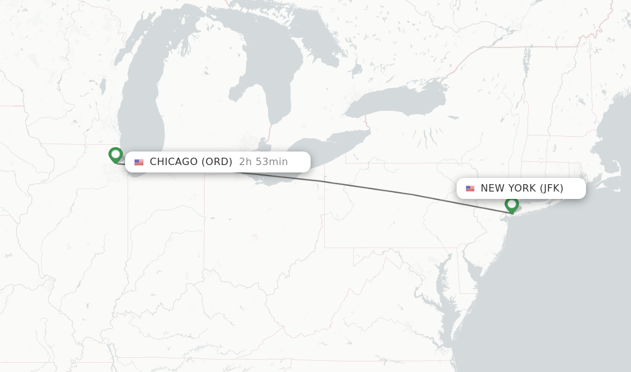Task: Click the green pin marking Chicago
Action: click(x=115, y=155)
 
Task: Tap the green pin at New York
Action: click(x=511, y=204)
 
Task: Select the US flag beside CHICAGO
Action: click(x=139, y=162)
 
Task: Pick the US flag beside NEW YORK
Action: click(x=470, y=188)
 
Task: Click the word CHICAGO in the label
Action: click(x=173, y=162)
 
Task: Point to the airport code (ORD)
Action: click(x=217, y=162)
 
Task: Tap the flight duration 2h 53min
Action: click(x=263, y=162)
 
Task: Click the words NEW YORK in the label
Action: click(x=508, y=188)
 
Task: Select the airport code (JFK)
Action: click(x=552, y=188)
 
